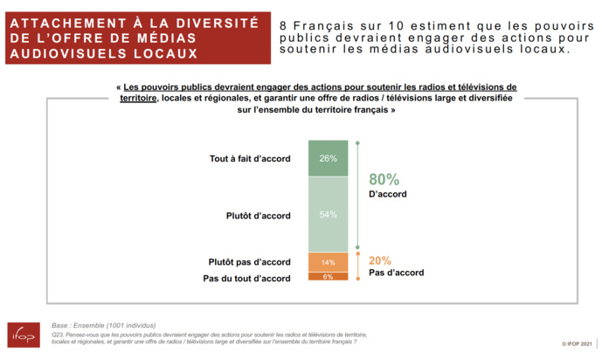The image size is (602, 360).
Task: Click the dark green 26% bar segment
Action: (x=328, y=158)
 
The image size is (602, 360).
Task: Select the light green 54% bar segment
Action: (x=328, y=214)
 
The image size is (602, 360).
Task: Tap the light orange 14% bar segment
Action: (x=328, y=262)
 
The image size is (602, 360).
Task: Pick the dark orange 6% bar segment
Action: (x=328, y=277)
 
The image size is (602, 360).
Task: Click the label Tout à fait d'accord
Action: (x=250, y=159)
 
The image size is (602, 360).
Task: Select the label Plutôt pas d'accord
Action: (x=249, y=262)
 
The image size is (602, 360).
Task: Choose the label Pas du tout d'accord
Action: (x=246, y=278)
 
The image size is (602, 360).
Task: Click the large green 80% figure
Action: (x=384, y=178)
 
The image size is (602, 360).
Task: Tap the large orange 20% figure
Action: (x=380, y=260)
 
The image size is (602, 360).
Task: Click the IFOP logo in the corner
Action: (x=23, y=336)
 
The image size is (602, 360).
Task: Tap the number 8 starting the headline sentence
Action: (x=285, y=24)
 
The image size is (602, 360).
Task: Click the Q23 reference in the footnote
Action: (x=59, y=334)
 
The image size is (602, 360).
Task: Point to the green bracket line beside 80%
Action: (x=357, y=194)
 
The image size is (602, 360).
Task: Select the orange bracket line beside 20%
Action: (x=357, y=265)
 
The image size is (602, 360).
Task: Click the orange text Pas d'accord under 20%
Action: (x=397, y=273)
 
